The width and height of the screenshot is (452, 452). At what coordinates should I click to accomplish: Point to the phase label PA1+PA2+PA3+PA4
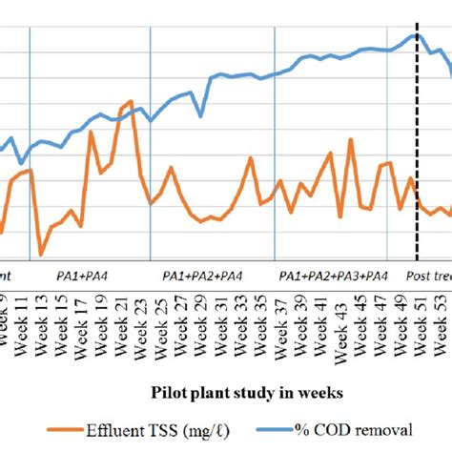333,276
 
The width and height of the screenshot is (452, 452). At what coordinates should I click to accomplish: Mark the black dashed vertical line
417,143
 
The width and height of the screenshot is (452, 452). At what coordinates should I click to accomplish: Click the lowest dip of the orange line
41,255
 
